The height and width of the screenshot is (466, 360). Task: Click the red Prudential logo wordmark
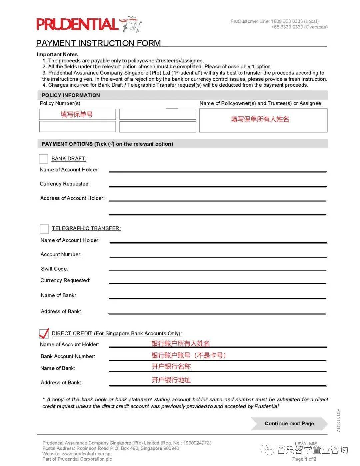pos(77,24)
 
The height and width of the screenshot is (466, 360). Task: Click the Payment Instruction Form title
pos(98,43)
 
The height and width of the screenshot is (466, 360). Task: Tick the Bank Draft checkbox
pos(43,159)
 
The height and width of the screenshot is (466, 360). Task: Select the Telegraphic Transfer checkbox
pos(44,229)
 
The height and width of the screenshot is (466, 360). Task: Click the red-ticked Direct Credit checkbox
pos(44,333)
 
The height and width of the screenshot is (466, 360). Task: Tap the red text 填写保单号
pos(77,114)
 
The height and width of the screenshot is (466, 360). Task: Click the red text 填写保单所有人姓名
pos(260,119)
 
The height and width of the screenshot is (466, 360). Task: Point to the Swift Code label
pos(54,269)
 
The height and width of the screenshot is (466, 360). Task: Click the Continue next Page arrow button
pos(289,424)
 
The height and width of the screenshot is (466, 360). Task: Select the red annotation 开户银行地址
pos(171,380)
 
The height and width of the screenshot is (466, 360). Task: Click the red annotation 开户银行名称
pos(171,366)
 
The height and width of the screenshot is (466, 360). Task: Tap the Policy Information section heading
pos(71,95)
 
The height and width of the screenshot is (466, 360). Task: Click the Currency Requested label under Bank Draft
pos(65,184)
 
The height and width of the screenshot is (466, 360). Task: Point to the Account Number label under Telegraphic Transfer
pos(61,254)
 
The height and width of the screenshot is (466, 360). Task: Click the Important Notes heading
pos(57,54)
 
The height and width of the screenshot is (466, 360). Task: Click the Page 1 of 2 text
pos(304,459)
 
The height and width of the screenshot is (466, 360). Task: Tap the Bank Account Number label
pos(68,356)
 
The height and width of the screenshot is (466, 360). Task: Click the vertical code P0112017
pos(338,420)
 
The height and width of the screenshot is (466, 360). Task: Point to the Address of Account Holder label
pos(72,198)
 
